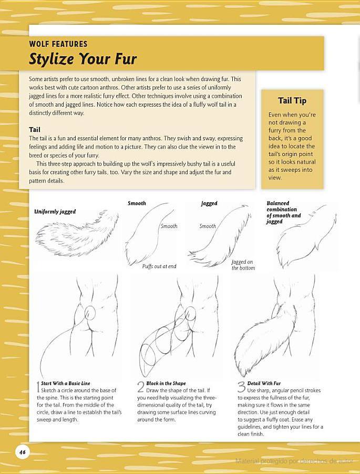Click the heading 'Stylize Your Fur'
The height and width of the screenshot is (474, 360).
tap(83, 58)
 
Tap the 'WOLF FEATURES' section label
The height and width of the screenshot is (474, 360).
tap(58, 44)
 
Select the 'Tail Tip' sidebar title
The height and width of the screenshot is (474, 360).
tap(292, 101)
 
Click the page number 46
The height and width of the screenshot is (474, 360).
tap(23, 452)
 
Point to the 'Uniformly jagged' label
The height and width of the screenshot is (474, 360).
tap(55, 212)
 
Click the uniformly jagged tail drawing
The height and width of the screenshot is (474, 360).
tap(77, 234)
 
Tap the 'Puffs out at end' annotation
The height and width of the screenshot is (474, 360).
tap(159, 266)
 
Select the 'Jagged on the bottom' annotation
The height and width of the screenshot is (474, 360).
tap(243, 265)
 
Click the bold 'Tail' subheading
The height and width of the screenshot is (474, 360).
tap(35, 130)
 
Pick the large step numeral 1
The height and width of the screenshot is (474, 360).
tap(38, 387)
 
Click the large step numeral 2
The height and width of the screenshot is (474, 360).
tap(141, 387)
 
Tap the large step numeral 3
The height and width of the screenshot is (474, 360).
tap(242, 387)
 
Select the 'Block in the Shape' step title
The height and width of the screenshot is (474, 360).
tap(166, 383)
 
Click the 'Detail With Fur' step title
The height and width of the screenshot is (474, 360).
tap(264, 383)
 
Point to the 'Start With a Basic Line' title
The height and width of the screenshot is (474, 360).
tap(66, 383)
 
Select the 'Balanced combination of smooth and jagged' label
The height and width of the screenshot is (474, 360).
tap(283, 212)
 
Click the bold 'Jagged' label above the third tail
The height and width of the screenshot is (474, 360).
tap(209, 203)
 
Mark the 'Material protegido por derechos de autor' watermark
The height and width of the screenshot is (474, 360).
tap(294, 461)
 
